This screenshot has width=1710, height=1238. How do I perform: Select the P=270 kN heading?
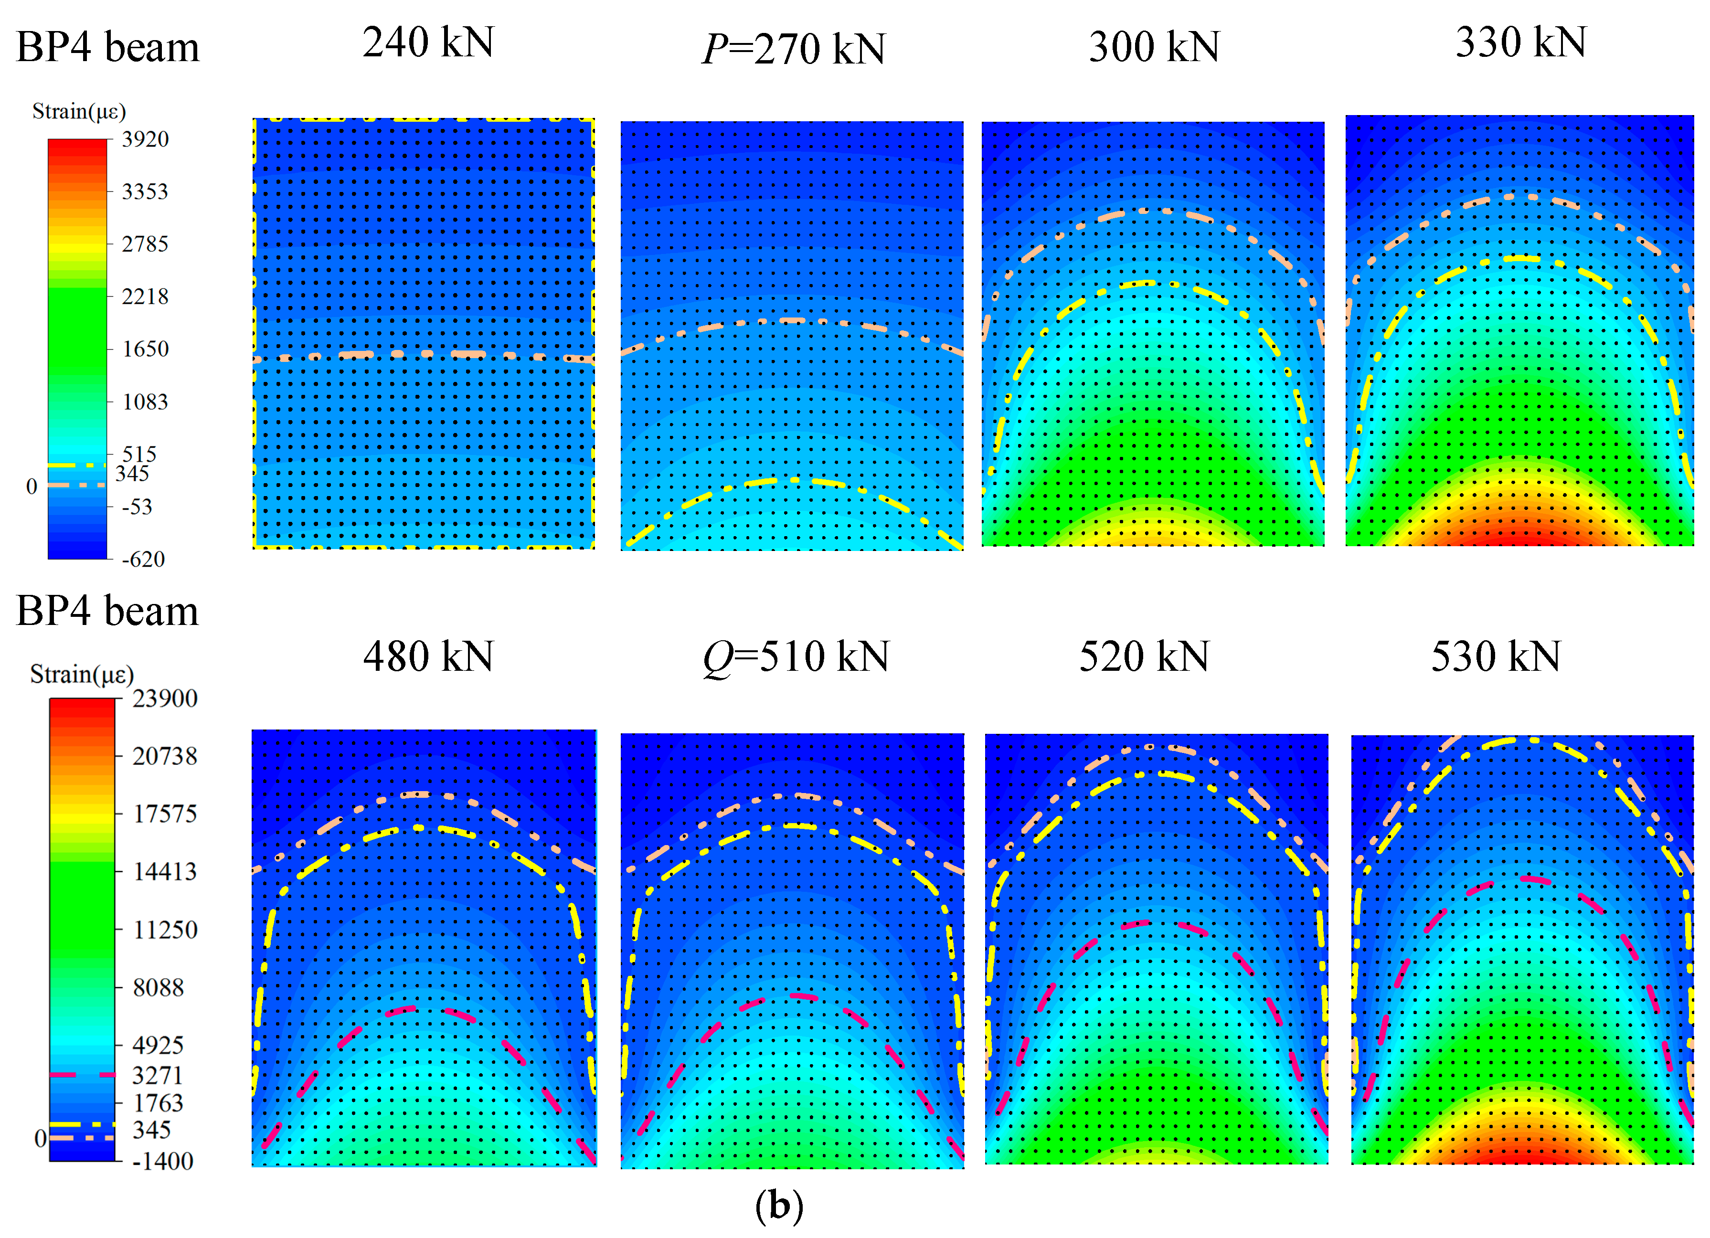(793, 49)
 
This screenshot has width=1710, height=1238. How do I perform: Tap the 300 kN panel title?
(1154, 47)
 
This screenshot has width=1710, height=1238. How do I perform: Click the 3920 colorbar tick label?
(145, 139)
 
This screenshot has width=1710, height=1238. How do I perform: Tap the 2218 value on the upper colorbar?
(145, 296)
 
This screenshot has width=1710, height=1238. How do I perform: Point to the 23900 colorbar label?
(164, 698)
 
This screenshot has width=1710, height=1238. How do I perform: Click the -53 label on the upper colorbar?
(137, 507)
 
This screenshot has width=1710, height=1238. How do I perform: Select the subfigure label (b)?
(779, 1206)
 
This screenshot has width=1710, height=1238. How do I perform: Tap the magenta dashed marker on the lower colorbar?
(82, 1074)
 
